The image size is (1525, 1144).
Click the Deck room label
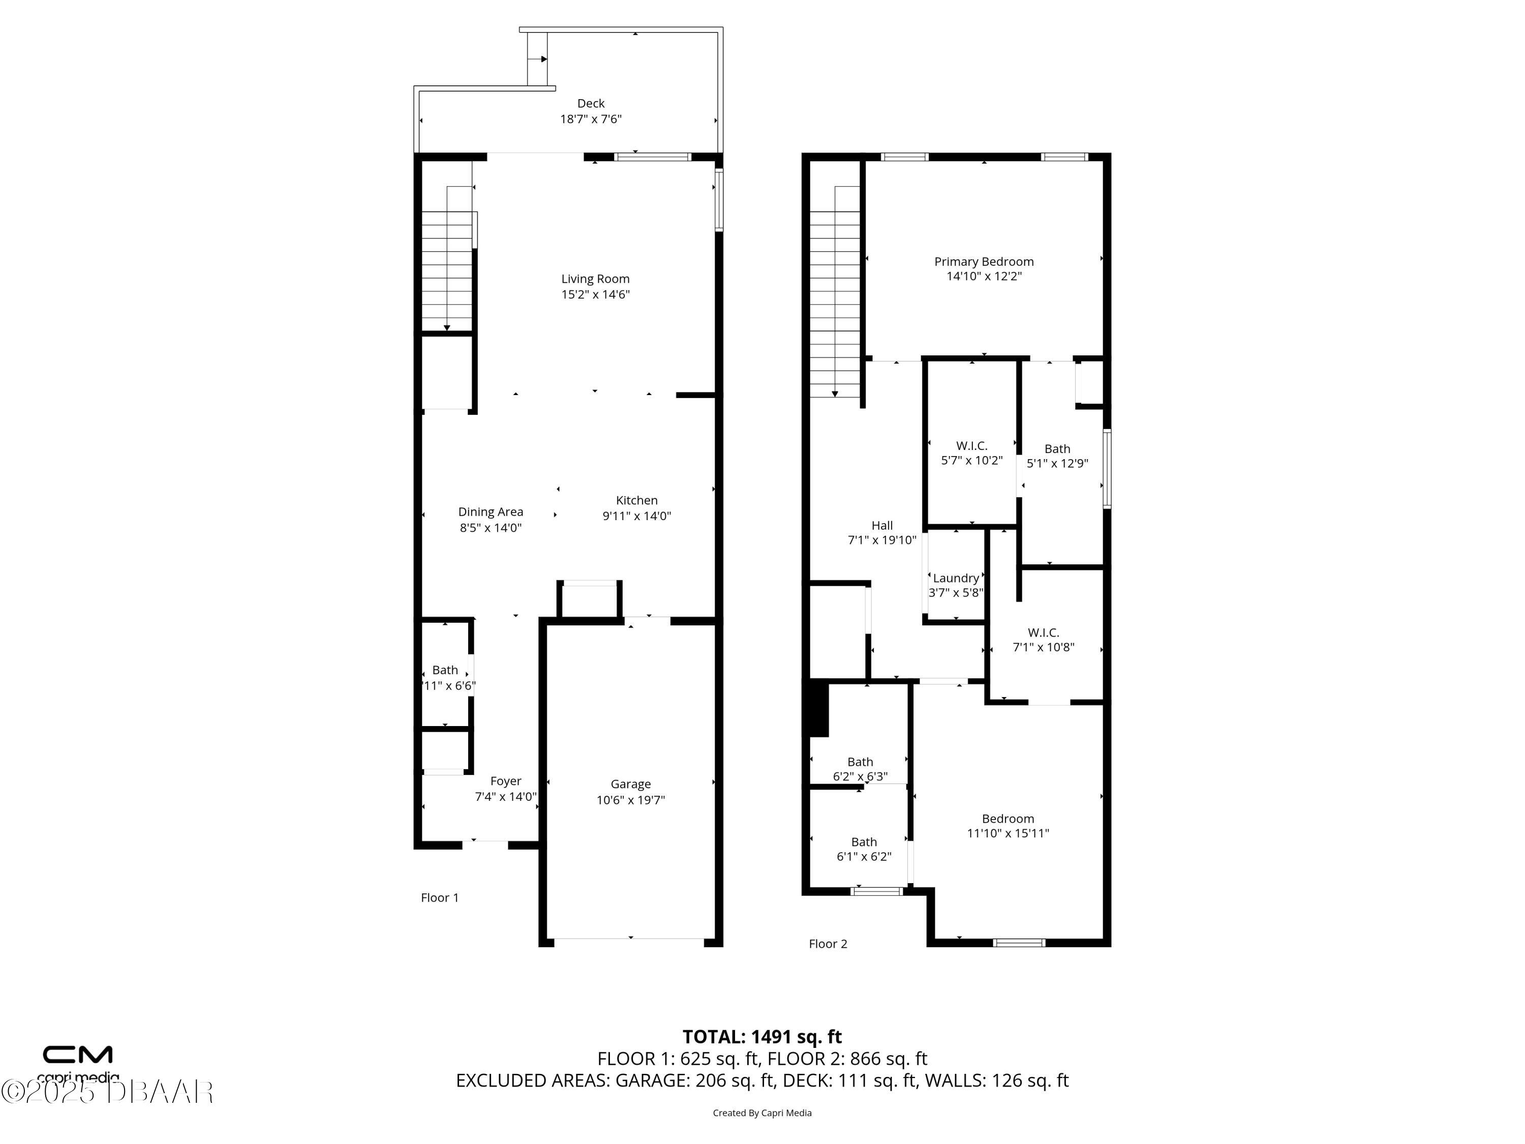(591, 103)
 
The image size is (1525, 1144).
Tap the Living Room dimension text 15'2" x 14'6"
(595, 294)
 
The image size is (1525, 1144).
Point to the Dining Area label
(490, 511)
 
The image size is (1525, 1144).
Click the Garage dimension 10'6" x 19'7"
(630, 800)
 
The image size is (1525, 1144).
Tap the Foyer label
(505, 781)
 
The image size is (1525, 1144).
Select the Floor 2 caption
(827, 944)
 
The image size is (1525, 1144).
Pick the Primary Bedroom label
(983, 261)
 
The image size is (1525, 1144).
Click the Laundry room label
(956, 578)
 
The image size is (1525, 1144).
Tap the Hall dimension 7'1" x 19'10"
(882, 540)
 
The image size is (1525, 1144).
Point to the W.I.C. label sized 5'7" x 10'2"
(971, 446)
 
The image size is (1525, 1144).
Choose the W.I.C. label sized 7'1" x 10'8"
(1043, 633)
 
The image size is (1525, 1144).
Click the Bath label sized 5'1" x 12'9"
(1057, 449)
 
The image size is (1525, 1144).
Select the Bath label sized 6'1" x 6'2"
(864, 842)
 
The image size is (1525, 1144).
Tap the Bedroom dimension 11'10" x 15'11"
(1007, 833)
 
